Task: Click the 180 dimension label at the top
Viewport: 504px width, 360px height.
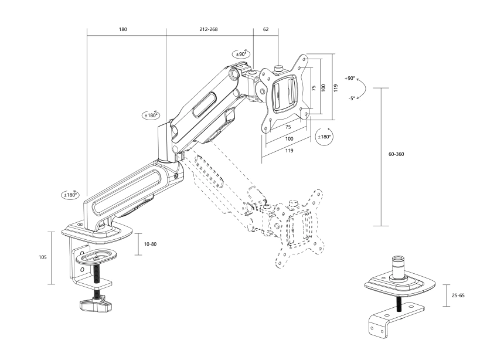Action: click(123, 29)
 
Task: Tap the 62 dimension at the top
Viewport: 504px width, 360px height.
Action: click(265, 29)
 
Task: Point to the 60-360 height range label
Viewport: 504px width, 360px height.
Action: click(396, 154)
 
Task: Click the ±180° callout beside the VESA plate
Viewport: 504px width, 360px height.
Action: click(323, 137)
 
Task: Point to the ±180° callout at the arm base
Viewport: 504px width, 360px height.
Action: click(70, 194)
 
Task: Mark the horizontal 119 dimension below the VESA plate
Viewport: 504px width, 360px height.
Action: click(286, 151)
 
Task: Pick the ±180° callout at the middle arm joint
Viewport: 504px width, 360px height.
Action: click(151, 116)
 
